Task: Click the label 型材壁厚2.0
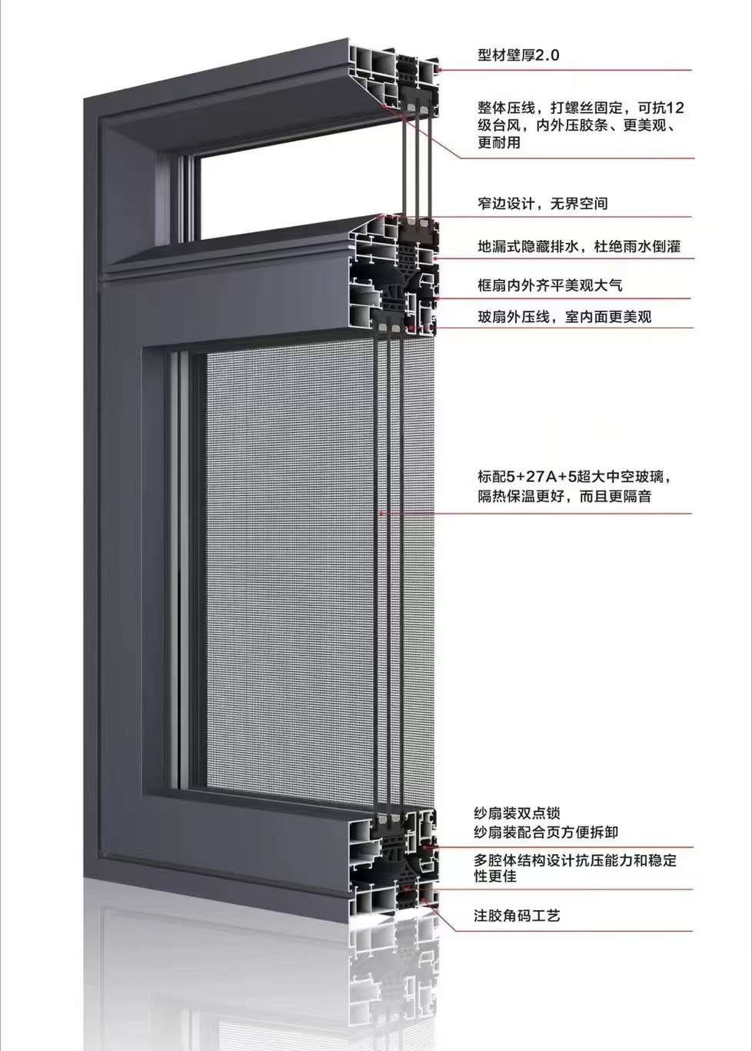[518, 55]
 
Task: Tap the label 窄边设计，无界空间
[543, 203]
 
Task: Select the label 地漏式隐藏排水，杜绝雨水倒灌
[579, 246]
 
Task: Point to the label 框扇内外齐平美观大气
[551, 285]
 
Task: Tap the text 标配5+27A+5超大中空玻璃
[571, 477]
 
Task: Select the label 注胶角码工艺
[517, 915]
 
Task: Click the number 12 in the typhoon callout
[676, 108]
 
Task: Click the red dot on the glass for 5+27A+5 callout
[382, 514]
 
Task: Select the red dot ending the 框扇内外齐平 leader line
[437, 298]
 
